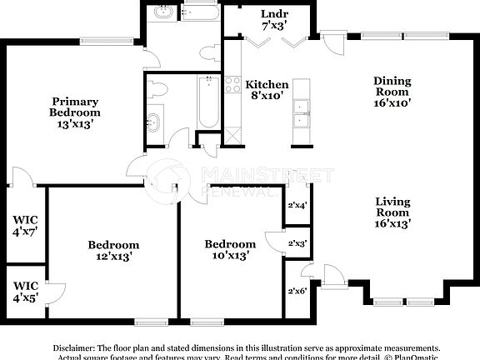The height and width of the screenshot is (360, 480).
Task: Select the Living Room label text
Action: tap(391, 212)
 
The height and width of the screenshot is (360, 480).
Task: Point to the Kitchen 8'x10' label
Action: tap(267, 90)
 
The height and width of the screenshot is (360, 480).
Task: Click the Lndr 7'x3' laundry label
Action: tap(274, 19)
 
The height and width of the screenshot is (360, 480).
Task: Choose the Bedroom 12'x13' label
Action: tap(113, 250)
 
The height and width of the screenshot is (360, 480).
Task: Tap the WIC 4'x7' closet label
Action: tap(24, 227)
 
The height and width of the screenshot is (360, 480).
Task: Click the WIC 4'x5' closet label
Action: tap(24, 292)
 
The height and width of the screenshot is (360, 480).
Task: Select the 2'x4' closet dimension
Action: tap(297, 205)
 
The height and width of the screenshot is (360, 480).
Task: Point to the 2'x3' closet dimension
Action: tap(297, 243)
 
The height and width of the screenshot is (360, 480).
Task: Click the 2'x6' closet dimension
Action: tap(297, 291)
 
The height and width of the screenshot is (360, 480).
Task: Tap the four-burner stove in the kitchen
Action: tap(232, 84)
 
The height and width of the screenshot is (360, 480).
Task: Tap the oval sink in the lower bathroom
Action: tap(152, 123)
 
